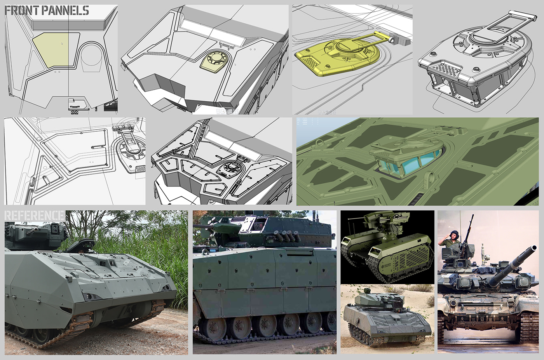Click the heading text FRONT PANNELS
(x=47, y=10)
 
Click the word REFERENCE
(x=34, y=216)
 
